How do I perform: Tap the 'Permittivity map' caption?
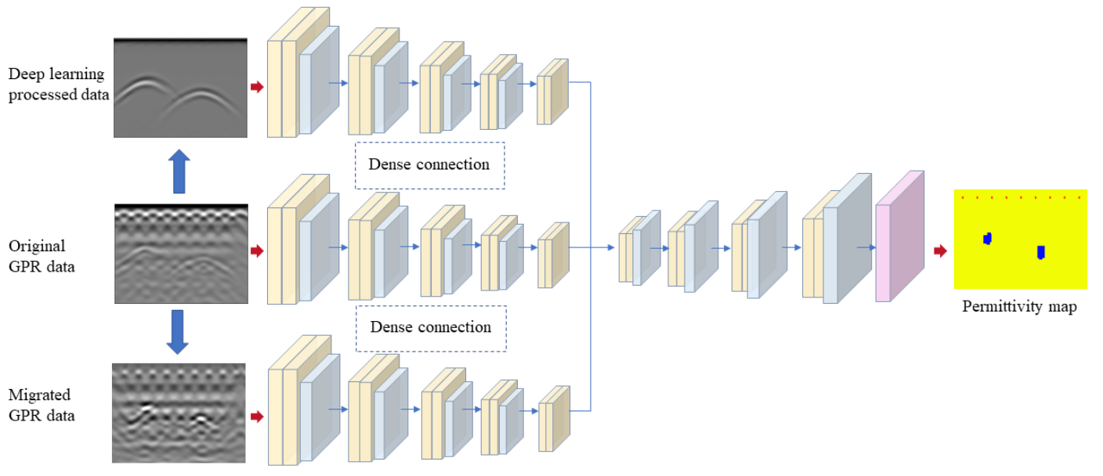tap(1019, 307)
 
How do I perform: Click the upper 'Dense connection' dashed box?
tap(429, 165)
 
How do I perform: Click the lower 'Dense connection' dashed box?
tap(429, 327)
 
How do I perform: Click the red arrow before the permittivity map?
tap(940, 251)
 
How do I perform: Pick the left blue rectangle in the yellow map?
tap(988, 238)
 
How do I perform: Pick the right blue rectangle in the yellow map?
tap(1040, 252)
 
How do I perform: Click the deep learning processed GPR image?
tap(180, 88)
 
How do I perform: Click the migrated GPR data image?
tap(179, 413)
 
